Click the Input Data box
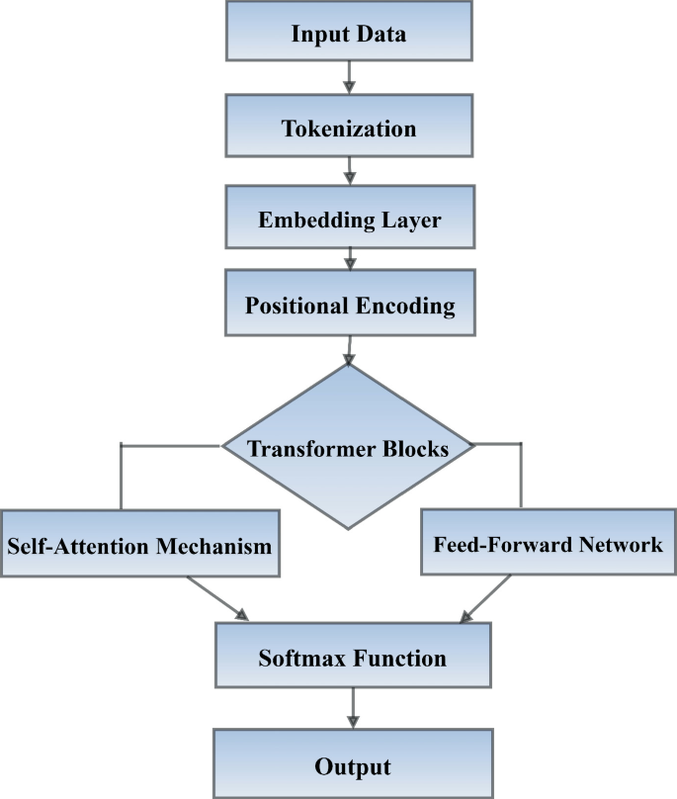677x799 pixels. pyautogui.click(x=349, y=32)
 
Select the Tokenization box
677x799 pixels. pyautogui.click(x=349, y=127)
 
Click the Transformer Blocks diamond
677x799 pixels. pyautogui.click(x=348, y=447)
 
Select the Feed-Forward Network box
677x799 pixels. pyautogui.click(x=548, y=542)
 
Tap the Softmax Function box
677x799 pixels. pyautogui.click(x=352, y=657)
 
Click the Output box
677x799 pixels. pyautogui.click(x=352, y=764)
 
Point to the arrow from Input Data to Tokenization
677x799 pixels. pyautogui.click(x=349, y=78)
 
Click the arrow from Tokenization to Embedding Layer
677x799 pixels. pyautogui.click(x=349, y=171)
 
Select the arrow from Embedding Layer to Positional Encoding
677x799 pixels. pyautogui.click(x=349, y=261)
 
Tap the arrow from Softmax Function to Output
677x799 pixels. pyautogui.click(x=352, y=708)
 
